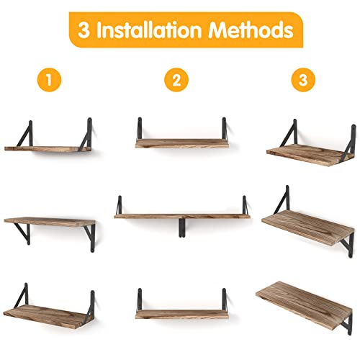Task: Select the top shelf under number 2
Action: tap(179, 143)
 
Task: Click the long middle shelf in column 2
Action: tap(180, 215)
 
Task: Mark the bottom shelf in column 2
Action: tap(179, 312)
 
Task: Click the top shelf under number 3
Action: tap(302, 150)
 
